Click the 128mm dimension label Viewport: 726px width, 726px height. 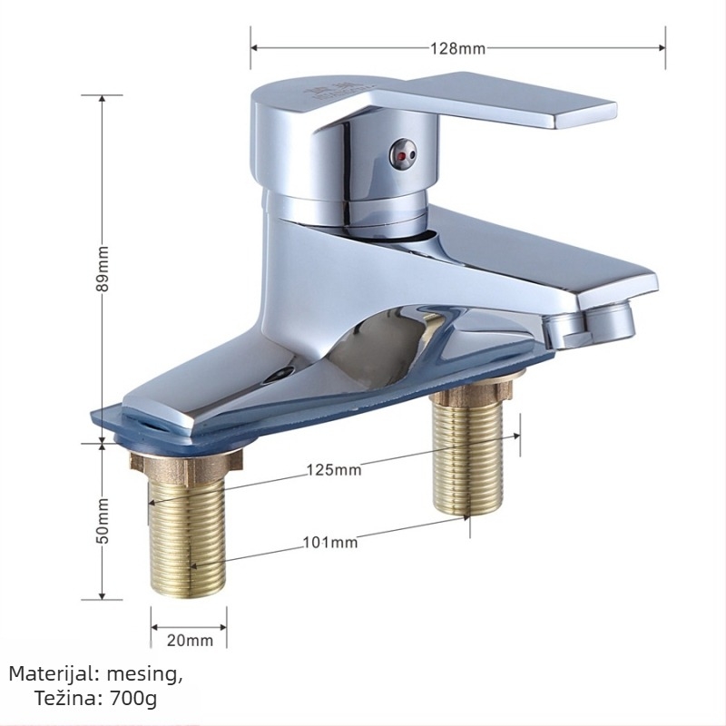click(458, 48)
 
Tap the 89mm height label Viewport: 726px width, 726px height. click(103, 269)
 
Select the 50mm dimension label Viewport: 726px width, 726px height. click(103, 521)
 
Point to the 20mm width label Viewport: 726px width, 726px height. click(190, 641)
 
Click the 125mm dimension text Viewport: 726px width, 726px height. click(334, 470)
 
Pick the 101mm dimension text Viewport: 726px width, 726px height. click(330, 542)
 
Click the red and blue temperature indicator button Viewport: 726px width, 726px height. click(403, 154)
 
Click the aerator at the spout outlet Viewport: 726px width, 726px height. click(610, 321)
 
